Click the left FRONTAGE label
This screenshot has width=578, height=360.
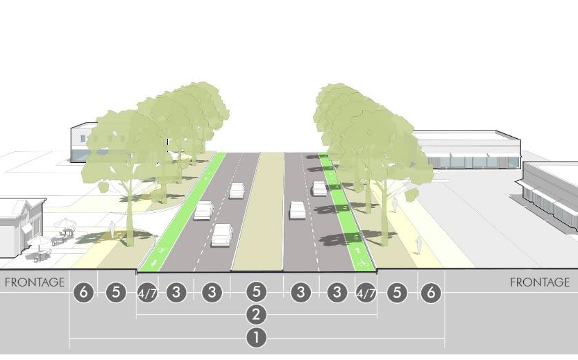(x=35, y=282)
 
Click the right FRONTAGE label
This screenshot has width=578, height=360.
(x=539, y=282)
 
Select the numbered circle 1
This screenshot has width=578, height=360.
(x=256, y=338)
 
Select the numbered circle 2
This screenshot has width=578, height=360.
(x=256, y=315)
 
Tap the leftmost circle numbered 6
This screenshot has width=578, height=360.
(x=84, y=293)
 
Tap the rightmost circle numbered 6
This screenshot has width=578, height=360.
(x=430, y=293)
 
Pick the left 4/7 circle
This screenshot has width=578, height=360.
(x=147, y=293)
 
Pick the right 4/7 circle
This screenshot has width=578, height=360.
(x=365, y=293)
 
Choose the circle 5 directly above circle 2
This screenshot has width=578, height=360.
(x=256, y=293)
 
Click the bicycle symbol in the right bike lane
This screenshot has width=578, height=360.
(x=361, y=263)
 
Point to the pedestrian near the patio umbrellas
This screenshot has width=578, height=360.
(x=112, y=228)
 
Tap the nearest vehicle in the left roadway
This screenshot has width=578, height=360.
(x=222, y=234)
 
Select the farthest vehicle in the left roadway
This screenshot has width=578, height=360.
(x=237, y=190)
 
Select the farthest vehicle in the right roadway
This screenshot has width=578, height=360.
(x=319, y=188)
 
